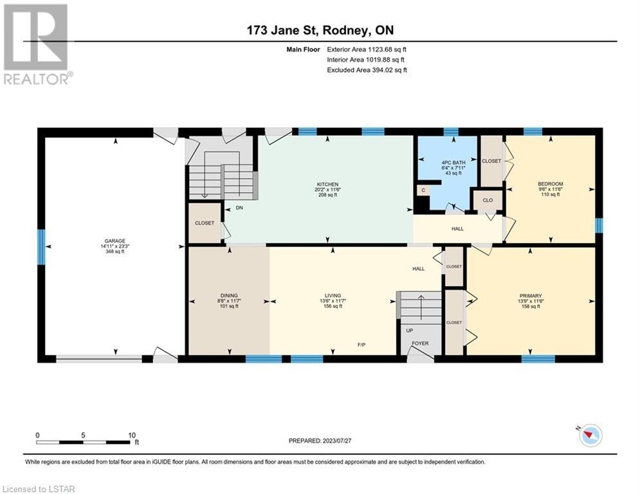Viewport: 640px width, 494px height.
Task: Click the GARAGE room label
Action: [x=114, y=241]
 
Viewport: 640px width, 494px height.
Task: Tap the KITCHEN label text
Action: [x=328, y=185]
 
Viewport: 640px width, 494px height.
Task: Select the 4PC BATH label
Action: [x=453, y=163]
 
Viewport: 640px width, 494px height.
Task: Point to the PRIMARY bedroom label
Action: [x=531, y=296]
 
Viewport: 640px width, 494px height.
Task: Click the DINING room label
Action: [x=229, y=296]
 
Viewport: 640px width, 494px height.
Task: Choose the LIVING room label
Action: [x=333, y=296]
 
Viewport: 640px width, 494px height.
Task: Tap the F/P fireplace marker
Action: [x=361, y=345]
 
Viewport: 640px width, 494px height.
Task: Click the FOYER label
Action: [x=420, y=343]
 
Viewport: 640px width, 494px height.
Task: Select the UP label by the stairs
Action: [x=409, y=330]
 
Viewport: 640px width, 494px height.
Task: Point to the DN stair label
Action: [x=239, y=208]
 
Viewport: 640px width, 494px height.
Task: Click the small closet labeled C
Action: [x=423, y=190]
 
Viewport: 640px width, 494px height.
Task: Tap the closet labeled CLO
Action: [x=488, y=200]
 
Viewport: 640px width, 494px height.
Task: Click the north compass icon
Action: [x=590, y=435]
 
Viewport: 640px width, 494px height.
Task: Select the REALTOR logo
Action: [x=37, y=44]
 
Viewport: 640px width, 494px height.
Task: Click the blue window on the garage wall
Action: [x=41, y=246]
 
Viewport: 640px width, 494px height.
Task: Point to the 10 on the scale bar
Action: [x=132, y=435]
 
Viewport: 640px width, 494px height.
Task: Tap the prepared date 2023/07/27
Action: [x=337, y=441]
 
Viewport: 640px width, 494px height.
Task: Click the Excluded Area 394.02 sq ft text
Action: [x=367, y=70]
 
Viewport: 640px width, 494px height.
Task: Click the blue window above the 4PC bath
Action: [x=451, y=131]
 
